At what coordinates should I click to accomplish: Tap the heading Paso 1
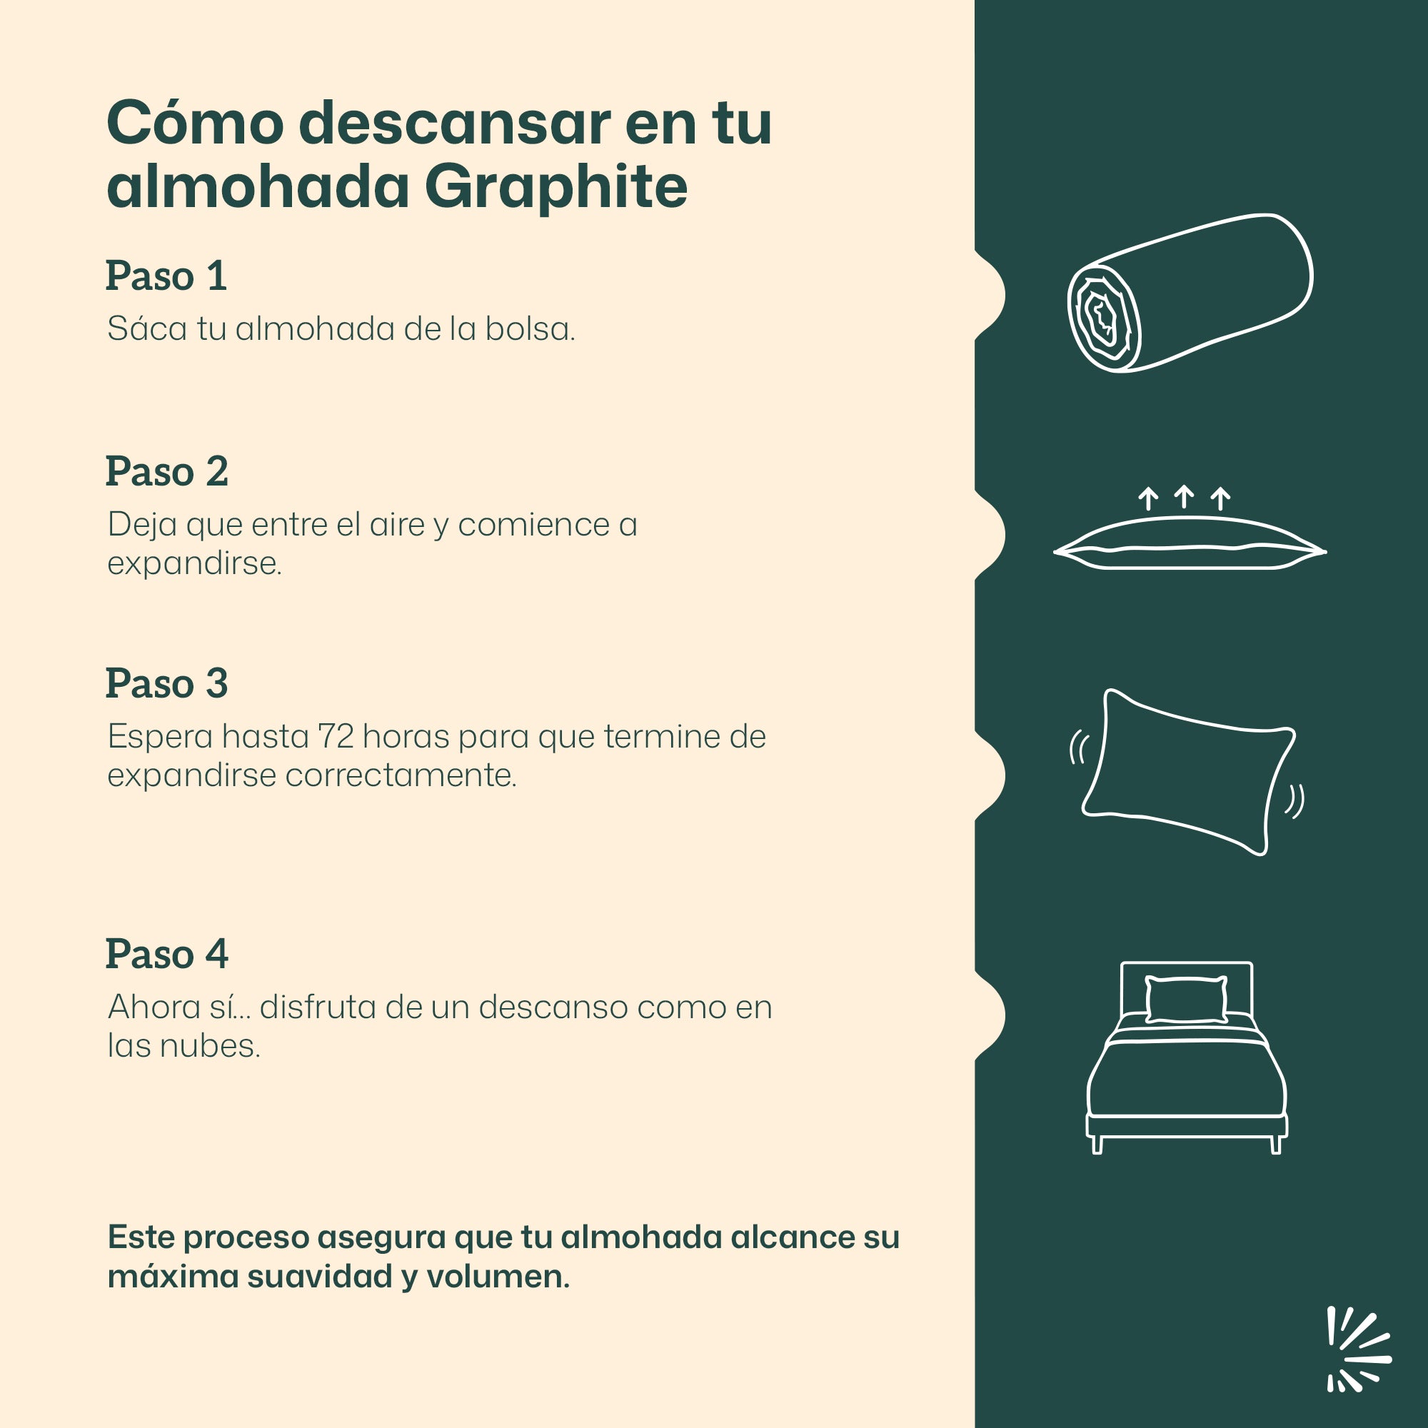pyautogui.click(x=166, y=276)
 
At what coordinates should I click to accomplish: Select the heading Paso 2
pyautogui.click(x=167, y=471)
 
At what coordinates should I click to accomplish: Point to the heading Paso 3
pyautogui.click(x=167, y=684)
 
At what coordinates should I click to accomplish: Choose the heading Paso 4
pyautogui.click(x=167, y=954)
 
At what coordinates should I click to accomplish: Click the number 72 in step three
pyautogui.click(x=336, y=737)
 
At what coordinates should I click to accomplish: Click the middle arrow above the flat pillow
pyautogui.click(x=1184, y=497)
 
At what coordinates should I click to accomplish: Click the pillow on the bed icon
pyautogui.click(x=1186, y=1000)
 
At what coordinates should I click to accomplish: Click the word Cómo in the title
pyautogui.click(x=195, y=124)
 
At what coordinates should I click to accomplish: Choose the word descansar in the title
pyautogui.click(x=455, y=124)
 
